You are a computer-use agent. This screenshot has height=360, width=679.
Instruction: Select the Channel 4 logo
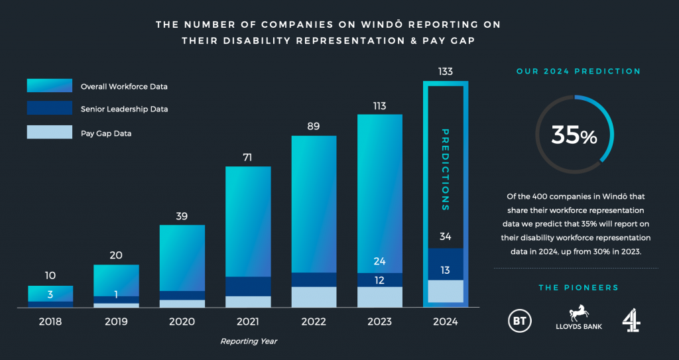(x=631, y=321)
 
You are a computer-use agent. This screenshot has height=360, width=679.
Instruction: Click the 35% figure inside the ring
(x=575, y=136)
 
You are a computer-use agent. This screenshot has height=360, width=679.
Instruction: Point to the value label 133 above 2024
(x=446, y=72)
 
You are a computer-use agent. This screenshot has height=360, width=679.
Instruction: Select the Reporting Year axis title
(x=248, y=341)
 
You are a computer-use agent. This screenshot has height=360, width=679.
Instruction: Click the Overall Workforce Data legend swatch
(x=50, y=86)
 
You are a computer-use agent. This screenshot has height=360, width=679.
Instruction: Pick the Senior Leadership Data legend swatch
(x=50, y=108)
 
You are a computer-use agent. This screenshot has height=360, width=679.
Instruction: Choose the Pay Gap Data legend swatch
(x=50, y=132)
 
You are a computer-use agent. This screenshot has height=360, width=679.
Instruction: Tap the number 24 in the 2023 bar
(x=379, y=261)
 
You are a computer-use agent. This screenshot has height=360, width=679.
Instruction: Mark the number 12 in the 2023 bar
(x=379, y=280)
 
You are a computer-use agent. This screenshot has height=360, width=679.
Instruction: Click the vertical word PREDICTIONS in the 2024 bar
(x=446, y=169)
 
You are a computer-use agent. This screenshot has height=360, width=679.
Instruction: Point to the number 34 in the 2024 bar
(x=446, y=237)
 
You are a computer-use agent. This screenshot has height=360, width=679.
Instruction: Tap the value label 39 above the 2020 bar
(x=182, y=215)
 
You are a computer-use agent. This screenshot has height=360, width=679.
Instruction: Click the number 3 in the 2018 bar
(x=50, y=294)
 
